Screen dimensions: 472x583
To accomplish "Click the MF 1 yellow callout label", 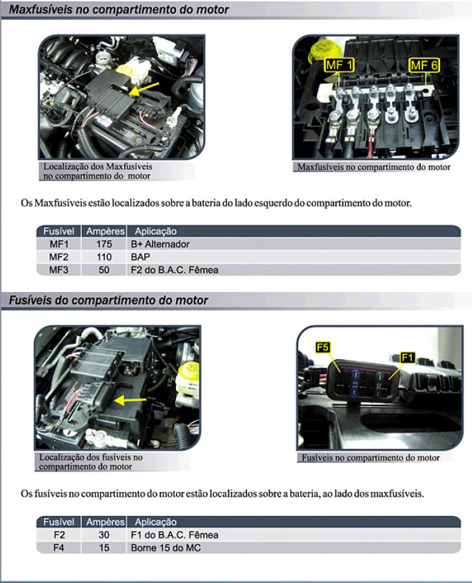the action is tap(339, 65).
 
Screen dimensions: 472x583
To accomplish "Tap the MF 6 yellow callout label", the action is tap(424, 65).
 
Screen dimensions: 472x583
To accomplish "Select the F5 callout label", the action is tap(322, 347).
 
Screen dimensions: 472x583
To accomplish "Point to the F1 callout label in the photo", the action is tap(408, 358).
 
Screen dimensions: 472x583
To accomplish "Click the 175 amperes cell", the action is tap(104, 244).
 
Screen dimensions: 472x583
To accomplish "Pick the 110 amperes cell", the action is tap(104, 257).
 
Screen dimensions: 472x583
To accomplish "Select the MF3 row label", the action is tap(58, 270).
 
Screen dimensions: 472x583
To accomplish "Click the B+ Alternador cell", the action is tap(160, 244).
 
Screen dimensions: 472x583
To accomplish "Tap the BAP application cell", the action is tap(141, 257).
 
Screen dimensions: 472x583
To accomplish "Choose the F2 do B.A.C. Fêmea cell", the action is tap(175, 270).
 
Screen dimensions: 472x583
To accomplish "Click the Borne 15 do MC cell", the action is tap(166, 548).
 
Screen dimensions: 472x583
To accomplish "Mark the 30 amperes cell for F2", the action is tap(104, 535).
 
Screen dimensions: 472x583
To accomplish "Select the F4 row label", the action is tap(58, 548).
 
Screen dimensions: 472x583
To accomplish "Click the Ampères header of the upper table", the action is tap(105, 231).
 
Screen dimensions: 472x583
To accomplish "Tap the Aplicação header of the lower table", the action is tap(156, 522).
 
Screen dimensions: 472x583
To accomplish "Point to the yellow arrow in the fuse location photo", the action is tap(130, 400).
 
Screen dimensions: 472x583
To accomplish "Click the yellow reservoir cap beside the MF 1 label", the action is tap(321, 50).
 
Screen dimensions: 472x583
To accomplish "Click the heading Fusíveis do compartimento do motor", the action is tap(108, 300).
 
